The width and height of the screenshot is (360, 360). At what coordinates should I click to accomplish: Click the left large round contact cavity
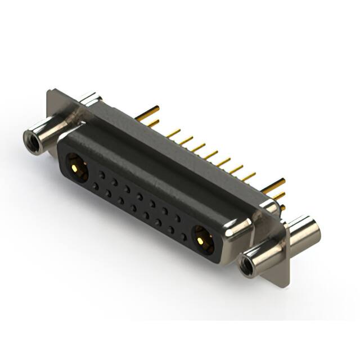tap(75, 166)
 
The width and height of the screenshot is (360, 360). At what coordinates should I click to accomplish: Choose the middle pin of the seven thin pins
tap(211, 155)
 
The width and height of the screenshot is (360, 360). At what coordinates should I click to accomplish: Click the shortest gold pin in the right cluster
tap(282, 208)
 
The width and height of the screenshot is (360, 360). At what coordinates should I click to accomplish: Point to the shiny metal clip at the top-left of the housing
tap(89, 101)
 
